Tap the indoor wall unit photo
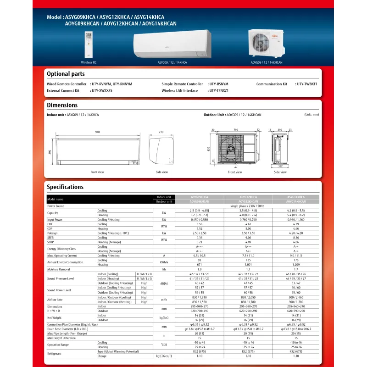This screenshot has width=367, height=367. [172, 44]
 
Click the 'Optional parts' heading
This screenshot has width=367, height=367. [66, 74]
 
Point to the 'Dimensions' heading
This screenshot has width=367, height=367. [62, 105]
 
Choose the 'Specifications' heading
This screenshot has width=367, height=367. [65, 187]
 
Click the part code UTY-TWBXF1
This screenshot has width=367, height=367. [307, 84]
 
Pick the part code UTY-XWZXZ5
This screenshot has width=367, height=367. [102, 91]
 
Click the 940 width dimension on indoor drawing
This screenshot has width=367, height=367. [97, 132]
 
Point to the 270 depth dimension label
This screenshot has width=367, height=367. [161, 132]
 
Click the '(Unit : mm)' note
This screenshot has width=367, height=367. [311, 115]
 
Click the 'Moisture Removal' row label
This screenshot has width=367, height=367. [59, 269]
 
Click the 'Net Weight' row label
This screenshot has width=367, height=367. [55, 317]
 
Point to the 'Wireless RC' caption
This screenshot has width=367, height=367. [89, 62]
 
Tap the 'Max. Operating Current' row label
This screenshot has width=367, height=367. [62, 255]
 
